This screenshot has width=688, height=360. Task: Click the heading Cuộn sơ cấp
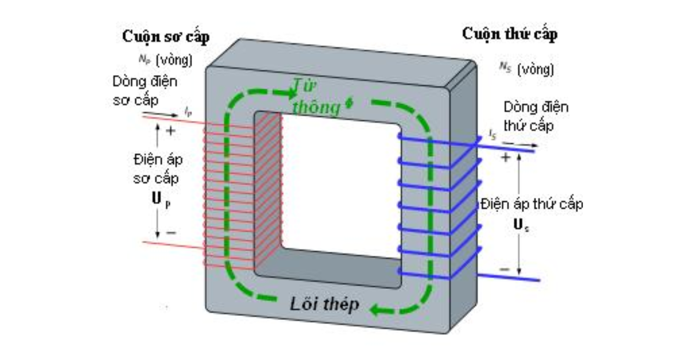click(166, 37)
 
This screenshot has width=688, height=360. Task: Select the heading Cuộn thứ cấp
click(510, 34)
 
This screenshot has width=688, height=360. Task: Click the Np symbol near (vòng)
click(143, 59)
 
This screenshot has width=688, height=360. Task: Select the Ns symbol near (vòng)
click(505, 69)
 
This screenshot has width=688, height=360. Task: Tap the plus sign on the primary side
click(170, 131)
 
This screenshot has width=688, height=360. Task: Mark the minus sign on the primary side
click(170, 233)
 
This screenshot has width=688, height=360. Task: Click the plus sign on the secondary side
click(505, 156)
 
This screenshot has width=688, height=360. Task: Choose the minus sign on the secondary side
click(505, 269)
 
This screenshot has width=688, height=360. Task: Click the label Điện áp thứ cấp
click(532, 204)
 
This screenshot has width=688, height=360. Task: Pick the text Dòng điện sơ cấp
click(144, 91)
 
